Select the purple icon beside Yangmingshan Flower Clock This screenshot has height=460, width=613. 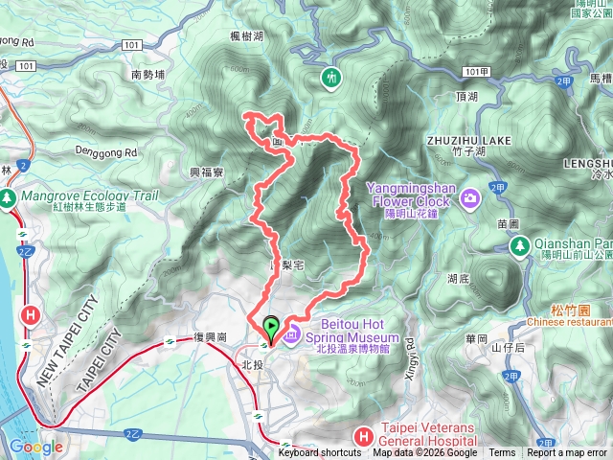pos(470,198)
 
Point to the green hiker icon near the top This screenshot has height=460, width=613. pos(332,78)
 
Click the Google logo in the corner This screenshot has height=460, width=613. pos(36,447)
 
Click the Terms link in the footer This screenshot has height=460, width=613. pos(502,453)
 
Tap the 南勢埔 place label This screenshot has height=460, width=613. pos(148,74)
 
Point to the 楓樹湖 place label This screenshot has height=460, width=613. pos(246,36)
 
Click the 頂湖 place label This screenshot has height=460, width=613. pos(467,97)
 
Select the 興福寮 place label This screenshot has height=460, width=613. pos(206,172)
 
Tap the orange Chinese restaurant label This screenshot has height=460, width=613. pos(567,322)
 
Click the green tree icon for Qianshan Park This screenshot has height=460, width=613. pos(520,246)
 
